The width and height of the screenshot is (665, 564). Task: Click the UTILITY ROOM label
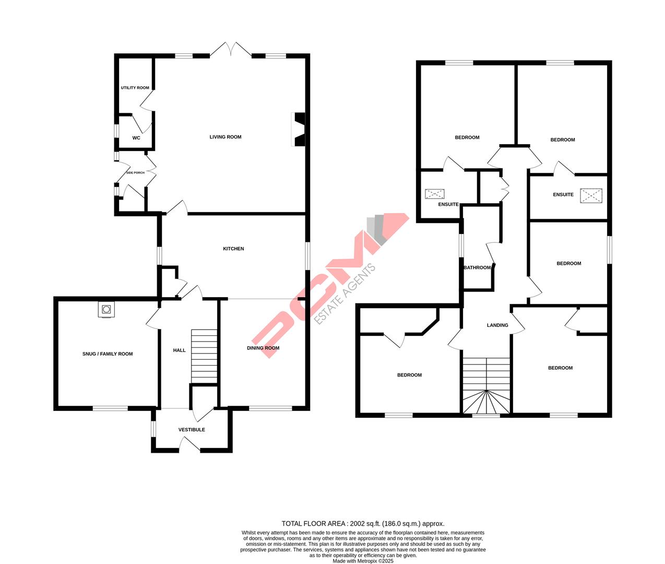point(135,88)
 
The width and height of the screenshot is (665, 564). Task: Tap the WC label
point(136,138)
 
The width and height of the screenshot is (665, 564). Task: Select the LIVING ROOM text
point(225,137)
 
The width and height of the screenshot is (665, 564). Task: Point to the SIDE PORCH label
point(135,173)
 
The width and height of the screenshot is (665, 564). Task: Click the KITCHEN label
point(233,249)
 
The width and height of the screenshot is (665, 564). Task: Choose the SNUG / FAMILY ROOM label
point(108,354)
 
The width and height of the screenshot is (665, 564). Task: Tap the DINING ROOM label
point(263,348)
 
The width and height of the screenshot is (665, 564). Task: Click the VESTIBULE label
point(192,430)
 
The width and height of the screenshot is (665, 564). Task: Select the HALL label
point(179,350)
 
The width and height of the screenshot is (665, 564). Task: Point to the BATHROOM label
point(477,268)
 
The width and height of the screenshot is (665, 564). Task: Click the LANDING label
point(497,325)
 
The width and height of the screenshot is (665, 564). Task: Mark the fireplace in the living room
point(300,130)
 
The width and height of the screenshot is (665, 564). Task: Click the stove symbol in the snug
point(106,310)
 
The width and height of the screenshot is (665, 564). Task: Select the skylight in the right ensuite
point(591,196)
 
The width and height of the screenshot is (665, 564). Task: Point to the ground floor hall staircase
point(204,356)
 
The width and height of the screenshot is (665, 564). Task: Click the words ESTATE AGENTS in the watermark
point(345,295)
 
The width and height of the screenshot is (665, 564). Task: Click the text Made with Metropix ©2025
point(363,561)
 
